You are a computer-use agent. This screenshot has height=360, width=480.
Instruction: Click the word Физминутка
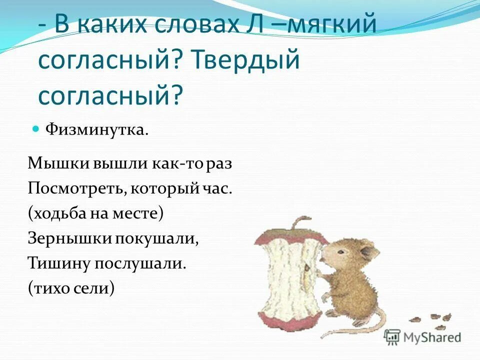(97, 130)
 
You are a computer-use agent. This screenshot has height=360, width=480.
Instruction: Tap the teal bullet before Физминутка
(35, 129)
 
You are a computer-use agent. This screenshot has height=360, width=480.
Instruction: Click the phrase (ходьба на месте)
(96, 213)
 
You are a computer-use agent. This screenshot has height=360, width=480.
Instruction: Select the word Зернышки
(70, 238)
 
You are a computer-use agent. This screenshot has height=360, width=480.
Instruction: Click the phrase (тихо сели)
(71, 288)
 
